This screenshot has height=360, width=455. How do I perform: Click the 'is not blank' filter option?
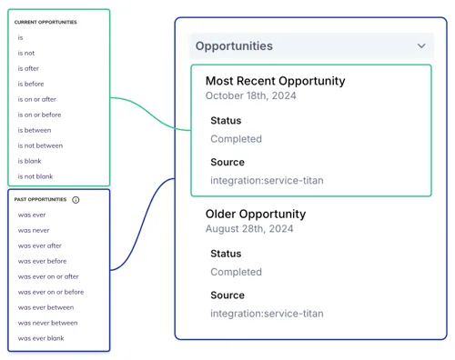pyautogui.click(x=35, y=176)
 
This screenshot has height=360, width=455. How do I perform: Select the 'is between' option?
pyautogui.click(x=35, y=130)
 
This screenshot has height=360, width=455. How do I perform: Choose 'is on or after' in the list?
pyautogui.click(x=36, y=99)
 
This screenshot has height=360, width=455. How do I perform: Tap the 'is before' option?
pyautogui.click(x=31, y=84)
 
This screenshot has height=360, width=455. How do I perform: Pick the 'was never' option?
pyautogui.click(x=34, y=230)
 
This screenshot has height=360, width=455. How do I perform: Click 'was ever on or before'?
pyautogui.click(x=51, y=292)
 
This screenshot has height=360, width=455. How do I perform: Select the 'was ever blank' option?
pyautogui.click(x=41, y=338)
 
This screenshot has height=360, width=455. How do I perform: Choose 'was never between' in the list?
pyautogui.click(x=47, y=323)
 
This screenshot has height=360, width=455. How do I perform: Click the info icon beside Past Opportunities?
pyautogui.click(x=76, y=200)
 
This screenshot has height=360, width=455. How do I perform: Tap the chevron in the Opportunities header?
pyautogui.click(x=421, y=45)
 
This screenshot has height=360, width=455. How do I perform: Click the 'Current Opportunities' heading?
pyautogui.click(x=45, y=22)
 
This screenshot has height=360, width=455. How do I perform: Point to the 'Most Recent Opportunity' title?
pyautogui.click(x=276, y=81)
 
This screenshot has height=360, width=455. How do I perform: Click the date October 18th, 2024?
pyautogui.click(x=251, y=95)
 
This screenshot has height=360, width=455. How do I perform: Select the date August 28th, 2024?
pyautogui.click(x=249, y=229)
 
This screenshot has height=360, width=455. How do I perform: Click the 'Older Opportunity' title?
pyautogui.click(x=256, y=214)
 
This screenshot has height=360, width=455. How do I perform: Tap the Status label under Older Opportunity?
pyautogui.click(x=226, y=254)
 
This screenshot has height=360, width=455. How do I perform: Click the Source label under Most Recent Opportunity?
pyautogui.click(x=227, y=162)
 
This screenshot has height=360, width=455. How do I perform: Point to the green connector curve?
pyautogui.click(x=151, y=114)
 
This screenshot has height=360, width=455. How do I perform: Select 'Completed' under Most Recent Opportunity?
pyautogui.click(x=236, y=139)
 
